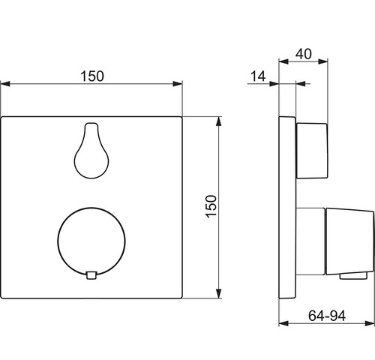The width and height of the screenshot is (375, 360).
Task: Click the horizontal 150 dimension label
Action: pyautogui.click(x=92, y=76)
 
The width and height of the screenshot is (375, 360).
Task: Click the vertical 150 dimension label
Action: pyautogui.click(x=211, y=206)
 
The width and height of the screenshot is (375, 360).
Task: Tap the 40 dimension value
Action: pyautogui.click(x=304, y=54)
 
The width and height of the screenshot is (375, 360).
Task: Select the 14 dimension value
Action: pyautogui.click(x=258, y=76)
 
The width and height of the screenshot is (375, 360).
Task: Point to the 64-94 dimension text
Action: pyautogui.click(x=327, y=316)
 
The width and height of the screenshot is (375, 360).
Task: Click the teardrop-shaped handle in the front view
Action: pyautogui.click(x=91, y=151)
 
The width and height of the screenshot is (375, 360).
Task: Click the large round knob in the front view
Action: pyautogui.click(x=91, y=241)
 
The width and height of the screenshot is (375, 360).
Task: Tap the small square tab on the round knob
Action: pyautogui.click(x=91, y=275)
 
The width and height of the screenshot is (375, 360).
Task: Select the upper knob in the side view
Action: pyautogui.click(x=312, y=151)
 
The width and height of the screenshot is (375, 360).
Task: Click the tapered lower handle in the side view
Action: pyautogui.click(x=349, y=241)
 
